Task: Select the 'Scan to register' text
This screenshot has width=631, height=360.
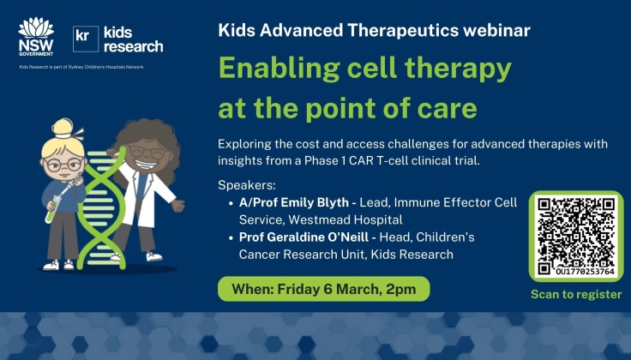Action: click(x=575, y=294)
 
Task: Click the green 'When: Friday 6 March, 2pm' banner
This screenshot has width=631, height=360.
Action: click(x=323, y=289)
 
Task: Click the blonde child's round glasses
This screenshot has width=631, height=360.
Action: click(x=62, y=164)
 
